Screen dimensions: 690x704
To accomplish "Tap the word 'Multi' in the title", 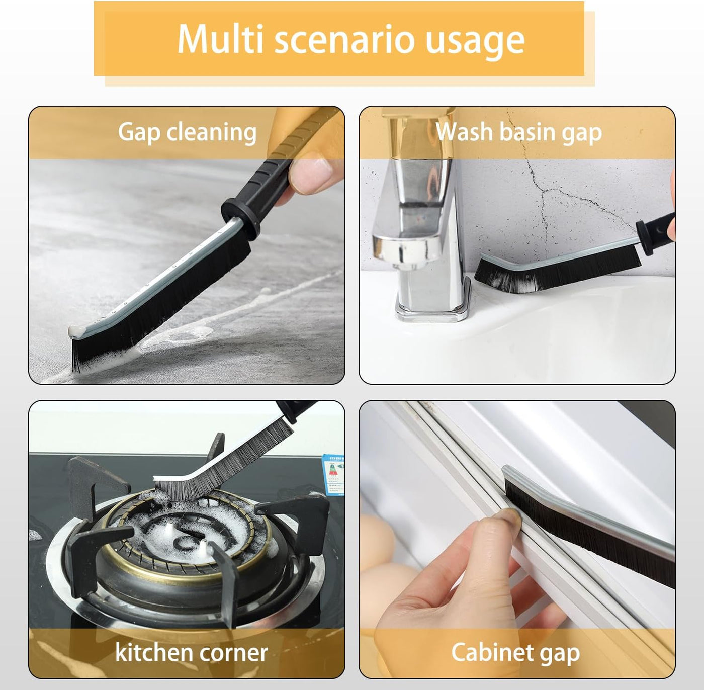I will [x=220, y=39].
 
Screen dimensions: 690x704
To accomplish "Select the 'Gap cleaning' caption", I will [x=187, y=133].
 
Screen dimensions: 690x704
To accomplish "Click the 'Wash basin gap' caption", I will [x=518, y=133].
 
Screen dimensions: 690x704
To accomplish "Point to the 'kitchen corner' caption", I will [x=191, y=653].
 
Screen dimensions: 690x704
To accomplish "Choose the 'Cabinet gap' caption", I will [x=515, y=653].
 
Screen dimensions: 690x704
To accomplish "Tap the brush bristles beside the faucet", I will [x=553, y=274].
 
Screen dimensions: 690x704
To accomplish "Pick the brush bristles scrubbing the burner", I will [x=221, y=463].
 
